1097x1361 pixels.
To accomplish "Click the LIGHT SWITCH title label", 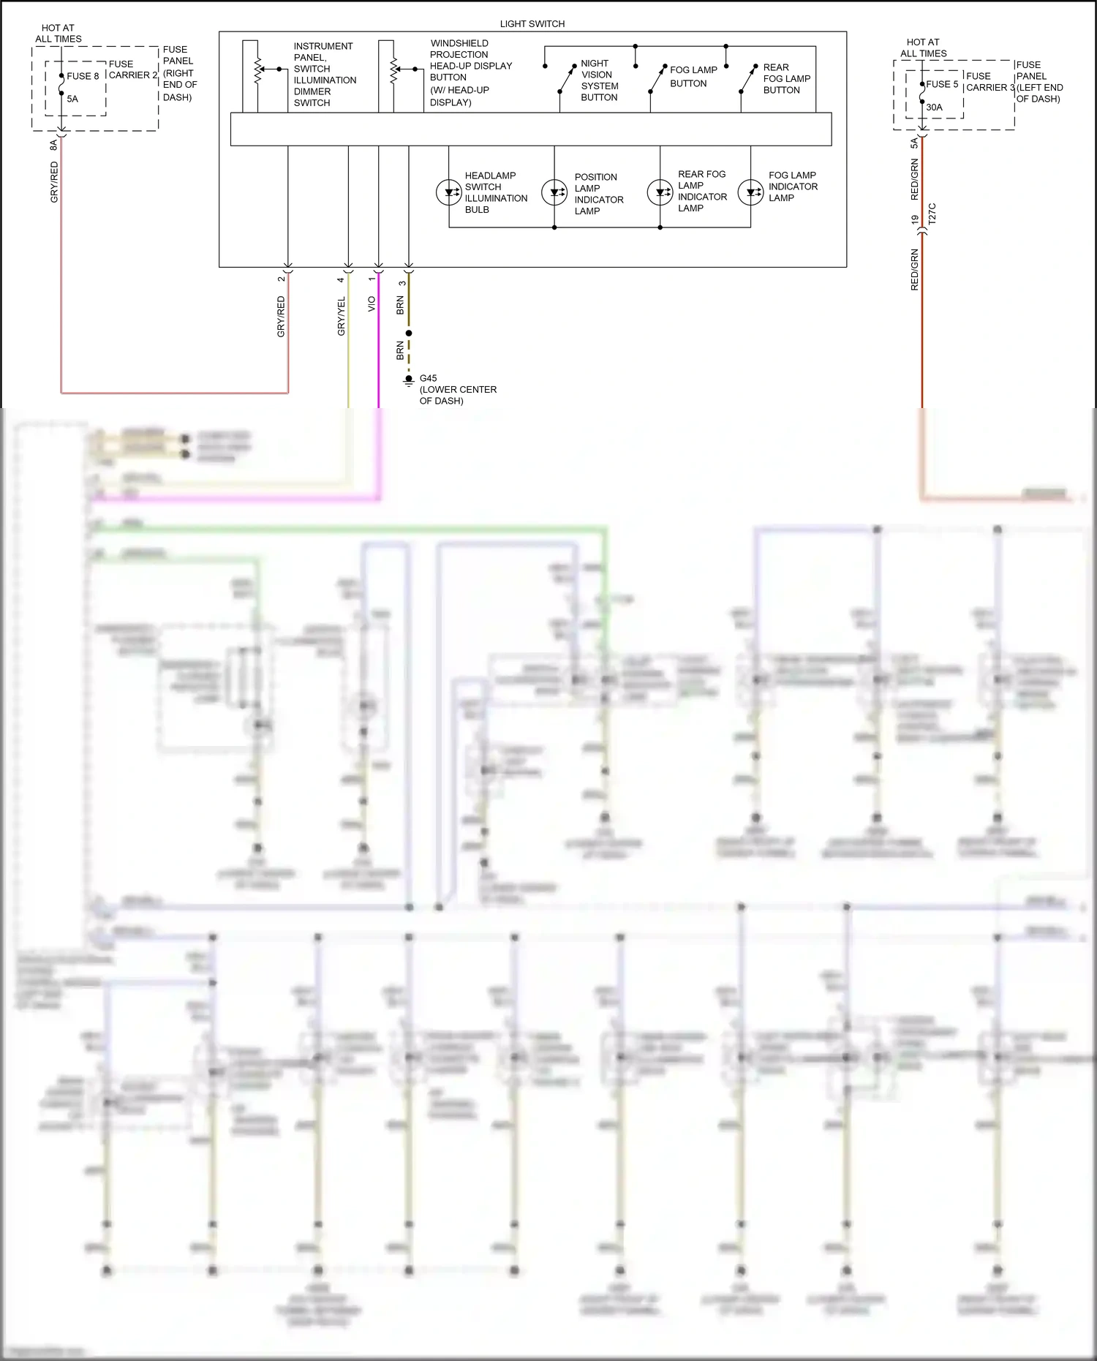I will click(532, 24).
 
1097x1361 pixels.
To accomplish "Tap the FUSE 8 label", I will click(83, 76).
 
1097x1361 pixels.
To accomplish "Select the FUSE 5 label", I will click(942, 84).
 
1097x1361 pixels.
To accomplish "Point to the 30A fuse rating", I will click(934, 108).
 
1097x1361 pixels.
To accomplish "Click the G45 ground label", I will click(428, 378).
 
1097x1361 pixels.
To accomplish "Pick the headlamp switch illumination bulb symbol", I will click(448, 193).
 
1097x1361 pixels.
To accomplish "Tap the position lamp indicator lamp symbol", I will click(554, 193).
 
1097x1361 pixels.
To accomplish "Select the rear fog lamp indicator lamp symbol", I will click(660, 193).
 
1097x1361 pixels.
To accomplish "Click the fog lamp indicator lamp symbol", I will click(750, 193).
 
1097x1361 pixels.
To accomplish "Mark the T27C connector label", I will click(932, 214).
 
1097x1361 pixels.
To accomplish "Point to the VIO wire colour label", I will click(372, 304).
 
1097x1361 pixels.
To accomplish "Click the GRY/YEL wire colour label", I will click(341, 317).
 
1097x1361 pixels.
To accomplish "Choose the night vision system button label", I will click(599, 80).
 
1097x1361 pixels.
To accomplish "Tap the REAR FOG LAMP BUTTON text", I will click(786, 79).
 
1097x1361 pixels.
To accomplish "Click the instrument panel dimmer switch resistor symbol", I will click(257, 71).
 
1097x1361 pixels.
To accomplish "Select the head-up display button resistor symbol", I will click(393, 71).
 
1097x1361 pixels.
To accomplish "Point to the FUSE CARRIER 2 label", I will click(132, 69).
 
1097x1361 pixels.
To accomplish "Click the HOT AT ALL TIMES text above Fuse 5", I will click(923, 48).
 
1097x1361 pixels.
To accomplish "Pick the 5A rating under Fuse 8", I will click(72, 99).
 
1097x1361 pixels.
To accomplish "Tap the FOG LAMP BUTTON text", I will click(693, 77).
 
